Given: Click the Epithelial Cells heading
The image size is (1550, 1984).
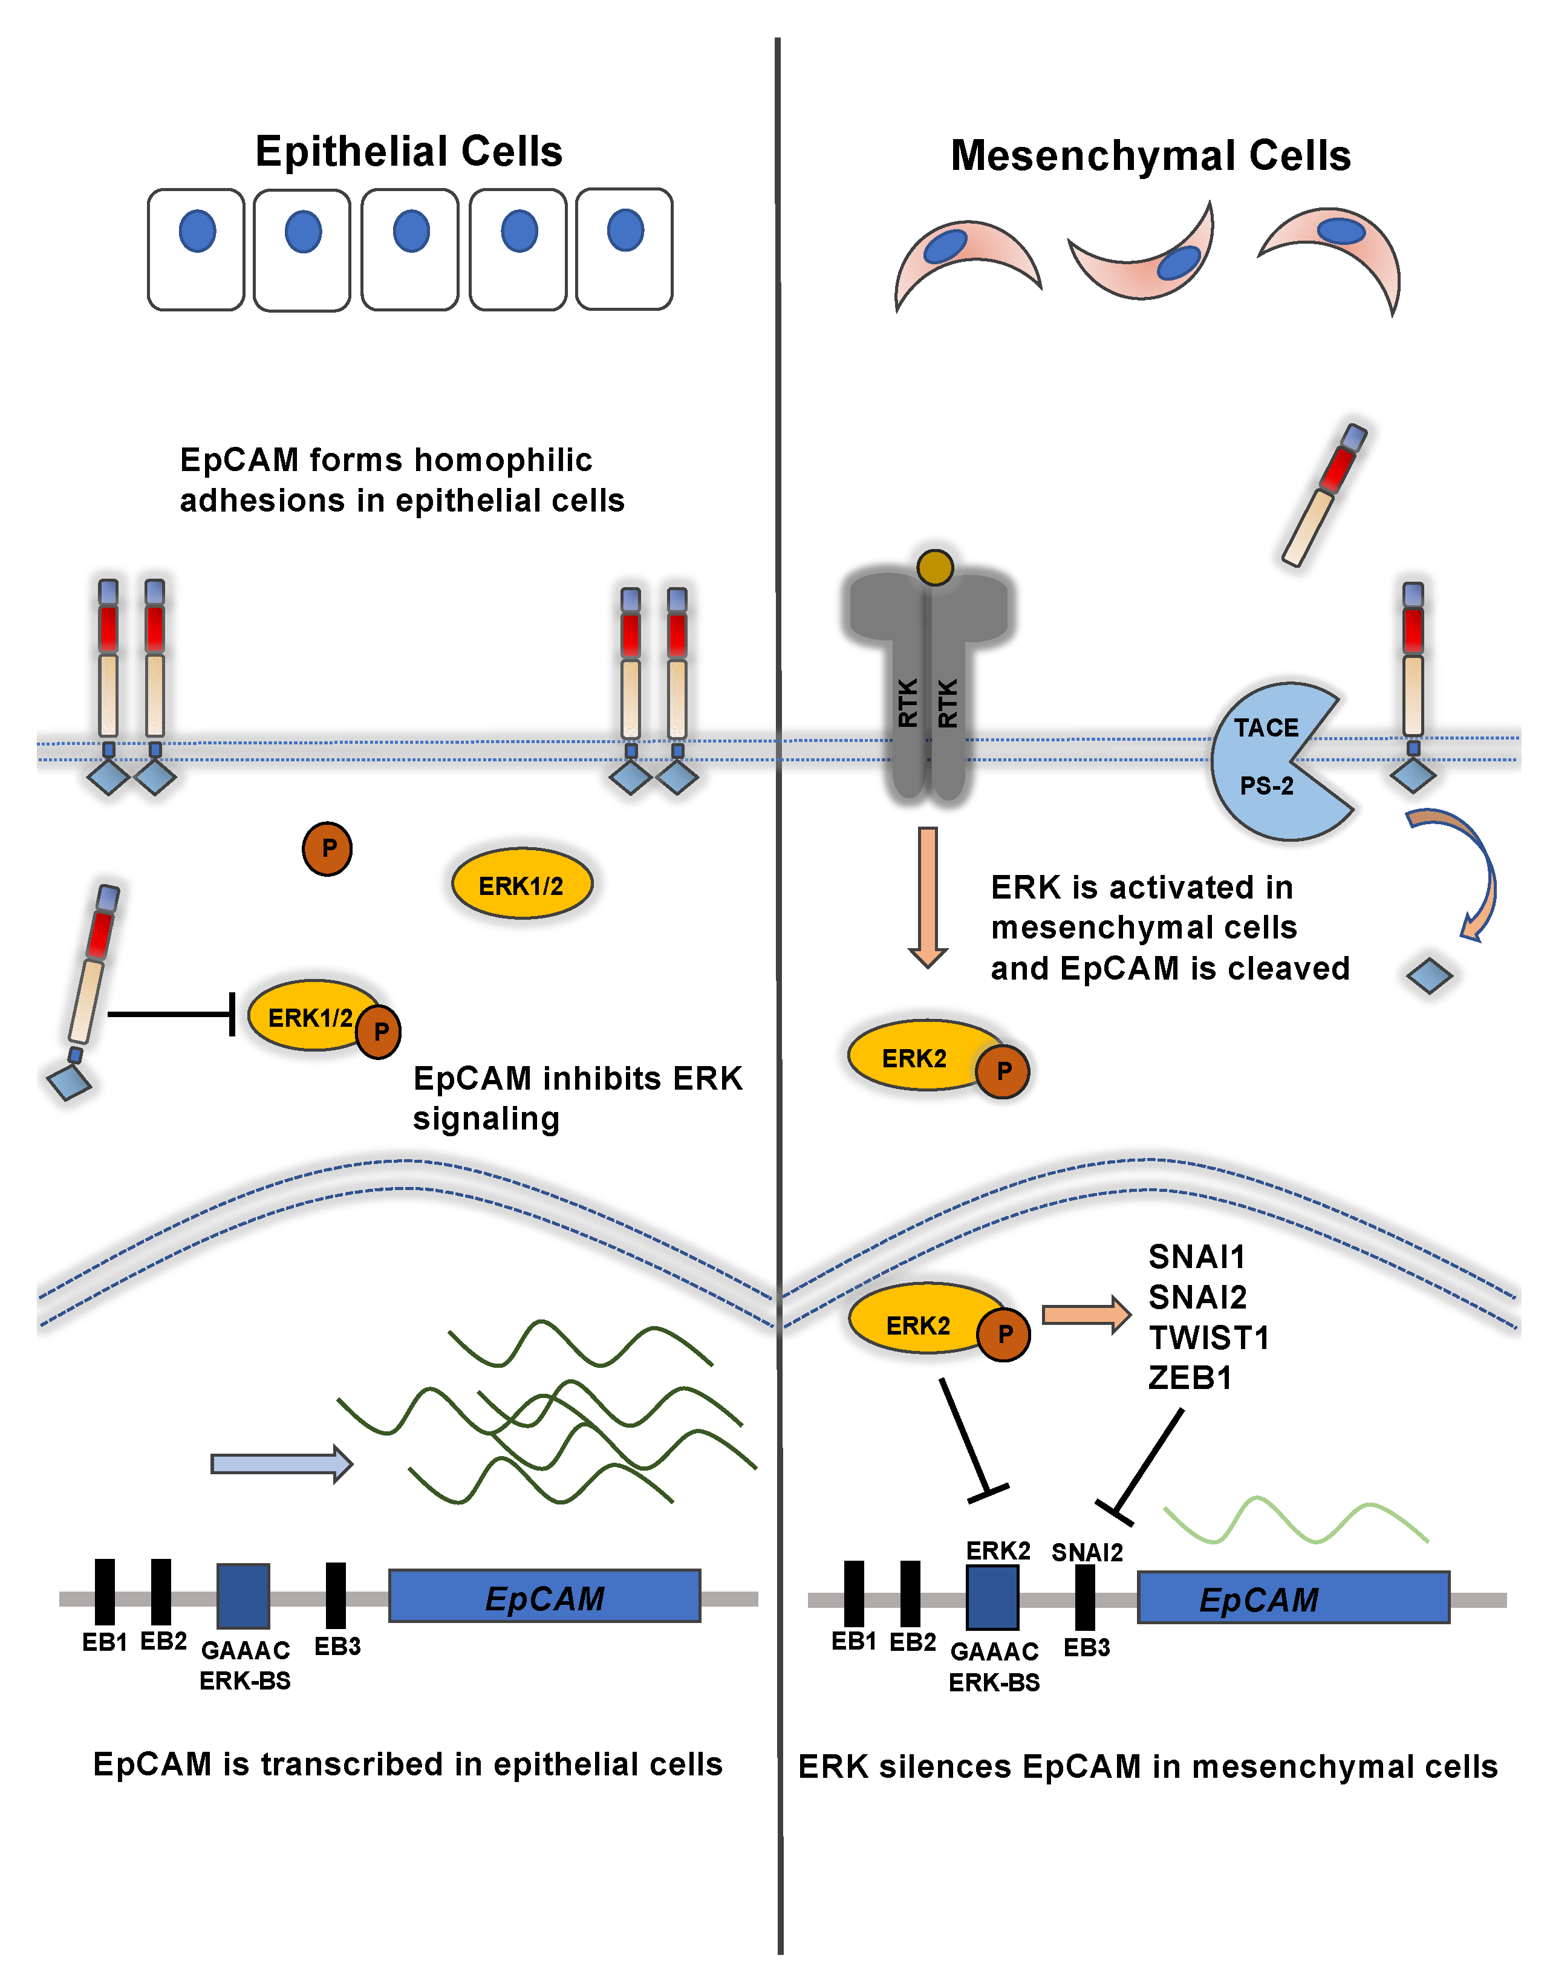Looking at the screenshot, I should pos(408,151).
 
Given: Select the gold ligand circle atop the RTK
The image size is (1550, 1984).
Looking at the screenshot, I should pos(935,568).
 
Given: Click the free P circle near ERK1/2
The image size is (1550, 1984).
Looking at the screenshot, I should pos(327,848).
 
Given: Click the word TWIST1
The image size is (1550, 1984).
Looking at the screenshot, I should pos(1208,1337).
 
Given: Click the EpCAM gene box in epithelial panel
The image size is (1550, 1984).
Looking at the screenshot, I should pos(544,1596).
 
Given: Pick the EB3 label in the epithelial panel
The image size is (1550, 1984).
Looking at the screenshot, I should pos(337,1646).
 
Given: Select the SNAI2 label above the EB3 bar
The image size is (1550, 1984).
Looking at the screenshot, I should pos(1087,1552).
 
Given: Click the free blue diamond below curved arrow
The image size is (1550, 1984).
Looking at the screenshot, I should pos(1428,975).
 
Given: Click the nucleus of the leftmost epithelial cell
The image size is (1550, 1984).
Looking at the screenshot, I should pos(197,231).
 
